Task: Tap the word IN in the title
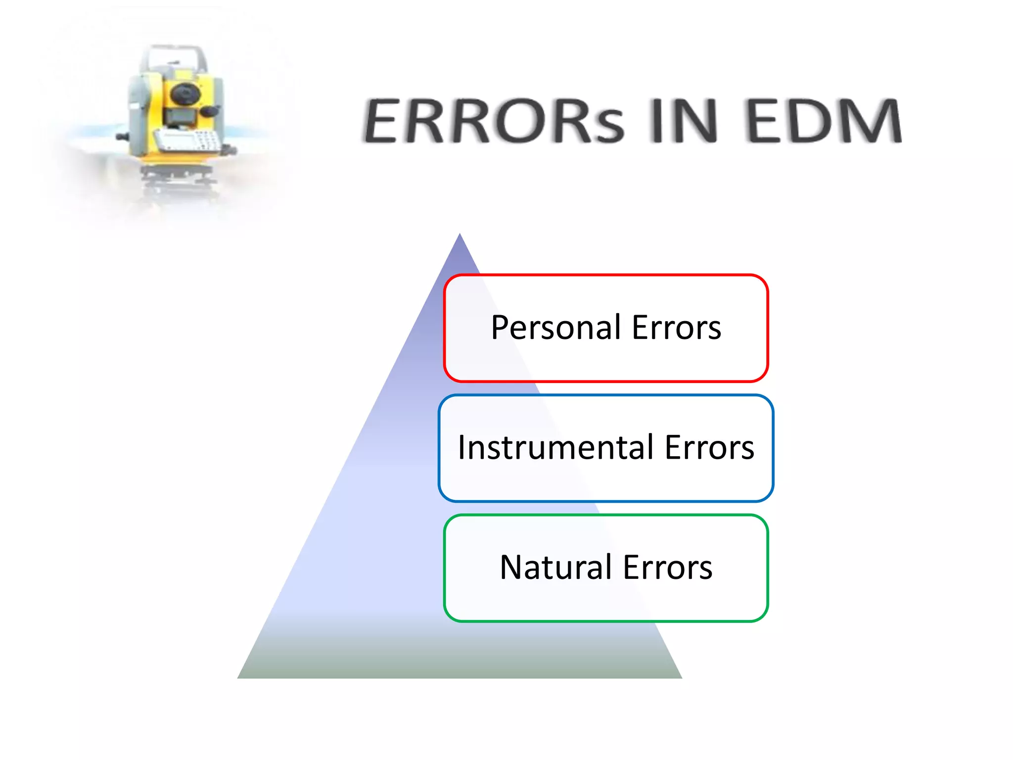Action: point(683,121)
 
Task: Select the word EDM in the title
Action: point(824,121)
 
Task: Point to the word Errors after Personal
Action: point(676,328)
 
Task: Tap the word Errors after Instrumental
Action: point(709,447)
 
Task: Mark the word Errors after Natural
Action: point(667,568)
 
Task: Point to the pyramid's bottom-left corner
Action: point(239,677)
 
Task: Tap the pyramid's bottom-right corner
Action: point(681,677)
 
